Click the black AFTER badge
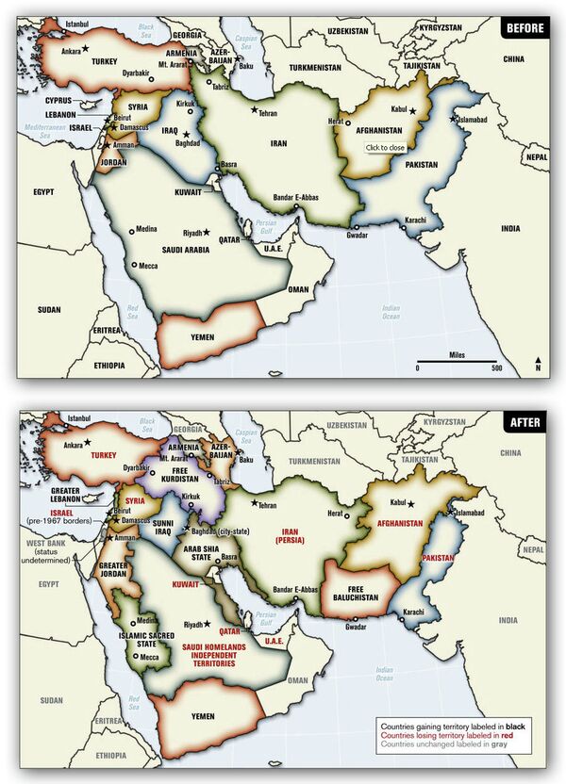coord(524,422)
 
